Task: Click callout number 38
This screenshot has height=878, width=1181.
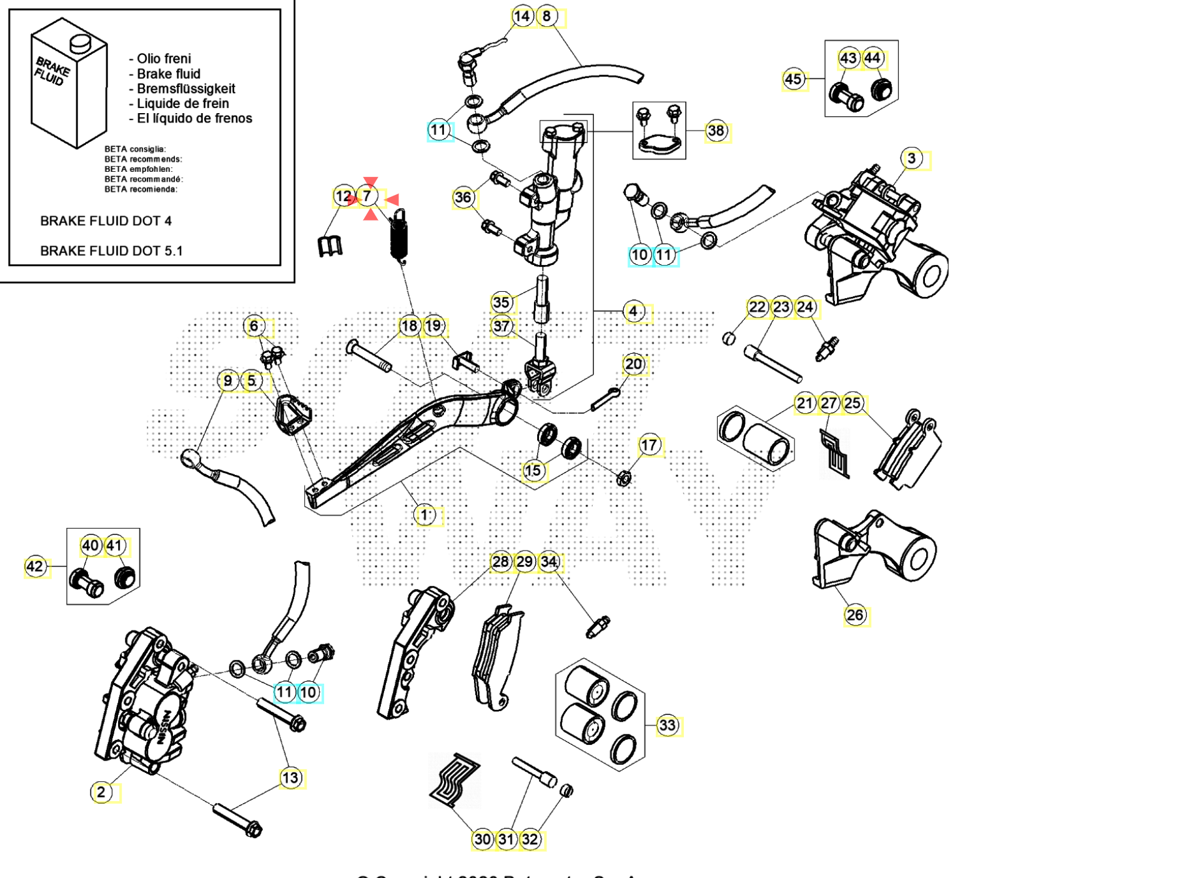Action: click(716, 131)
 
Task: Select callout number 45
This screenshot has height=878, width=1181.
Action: click(793, 79)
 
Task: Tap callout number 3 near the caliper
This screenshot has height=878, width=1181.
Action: click(912, 159)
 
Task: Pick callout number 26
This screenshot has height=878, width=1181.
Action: click(855, 616)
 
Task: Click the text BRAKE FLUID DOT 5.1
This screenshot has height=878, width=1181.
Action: click(111, 251)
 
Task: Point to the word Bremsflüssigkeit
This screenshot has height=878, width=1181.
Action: click(185, 89)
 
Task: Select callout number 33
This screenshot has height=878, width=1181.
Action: click(668, 726)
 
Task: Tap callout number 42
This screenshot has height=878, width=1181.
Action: click(35, 567)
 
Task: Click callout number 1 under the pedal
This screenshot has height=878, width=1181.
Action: click(425, 516)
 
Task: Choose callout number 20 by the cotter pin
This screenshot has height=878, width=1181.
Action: click(633, 364)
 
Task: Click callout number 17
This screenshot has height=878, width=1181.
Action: click(649, 446)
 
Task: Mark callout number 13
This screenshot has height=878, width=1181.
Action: click(290, 778)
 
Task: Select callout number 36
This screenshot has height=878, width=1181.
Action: click(463, 198)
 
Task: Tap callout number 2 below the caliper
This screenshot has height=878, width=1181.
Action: click(101, 792)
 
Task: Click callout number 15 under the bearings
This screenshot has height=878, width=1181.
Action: click(533, 471)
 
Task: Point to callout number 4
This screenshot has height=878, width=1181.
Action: click(633, 311)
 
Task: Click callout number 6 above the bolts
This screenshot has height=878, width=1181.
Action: click(254, 326)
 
